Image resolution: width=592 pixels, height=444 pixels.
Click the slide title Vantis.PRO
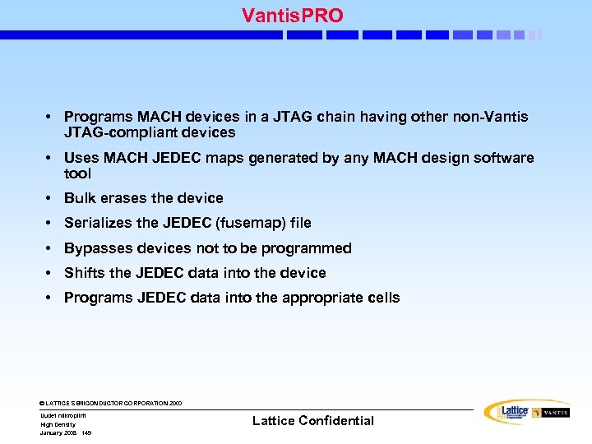pos(293,15)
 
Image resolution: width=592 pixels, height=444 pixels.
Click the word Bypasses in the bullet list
pos(94,248)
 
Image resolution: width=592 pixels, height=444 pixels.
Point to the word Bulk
pos(79,198)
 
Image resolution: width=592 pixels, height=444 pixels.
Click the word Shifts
pos(85,273)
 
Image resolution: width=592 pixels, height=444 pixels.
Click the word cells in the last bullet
pos(382,298)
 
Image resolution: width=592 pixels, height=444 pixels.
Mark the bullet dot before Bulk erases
pos(50,198)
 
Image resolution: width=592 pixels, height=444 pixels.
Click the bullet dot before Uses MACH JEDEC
pos(50,158)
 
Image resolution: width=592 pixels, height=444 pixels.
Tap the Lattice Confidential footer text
pos(312,421)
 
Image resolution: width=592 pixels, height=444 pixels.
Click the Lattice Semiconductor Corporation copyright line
pos(111,403)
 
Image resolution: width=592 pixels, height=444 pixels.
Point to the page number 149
pos(86,432)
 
